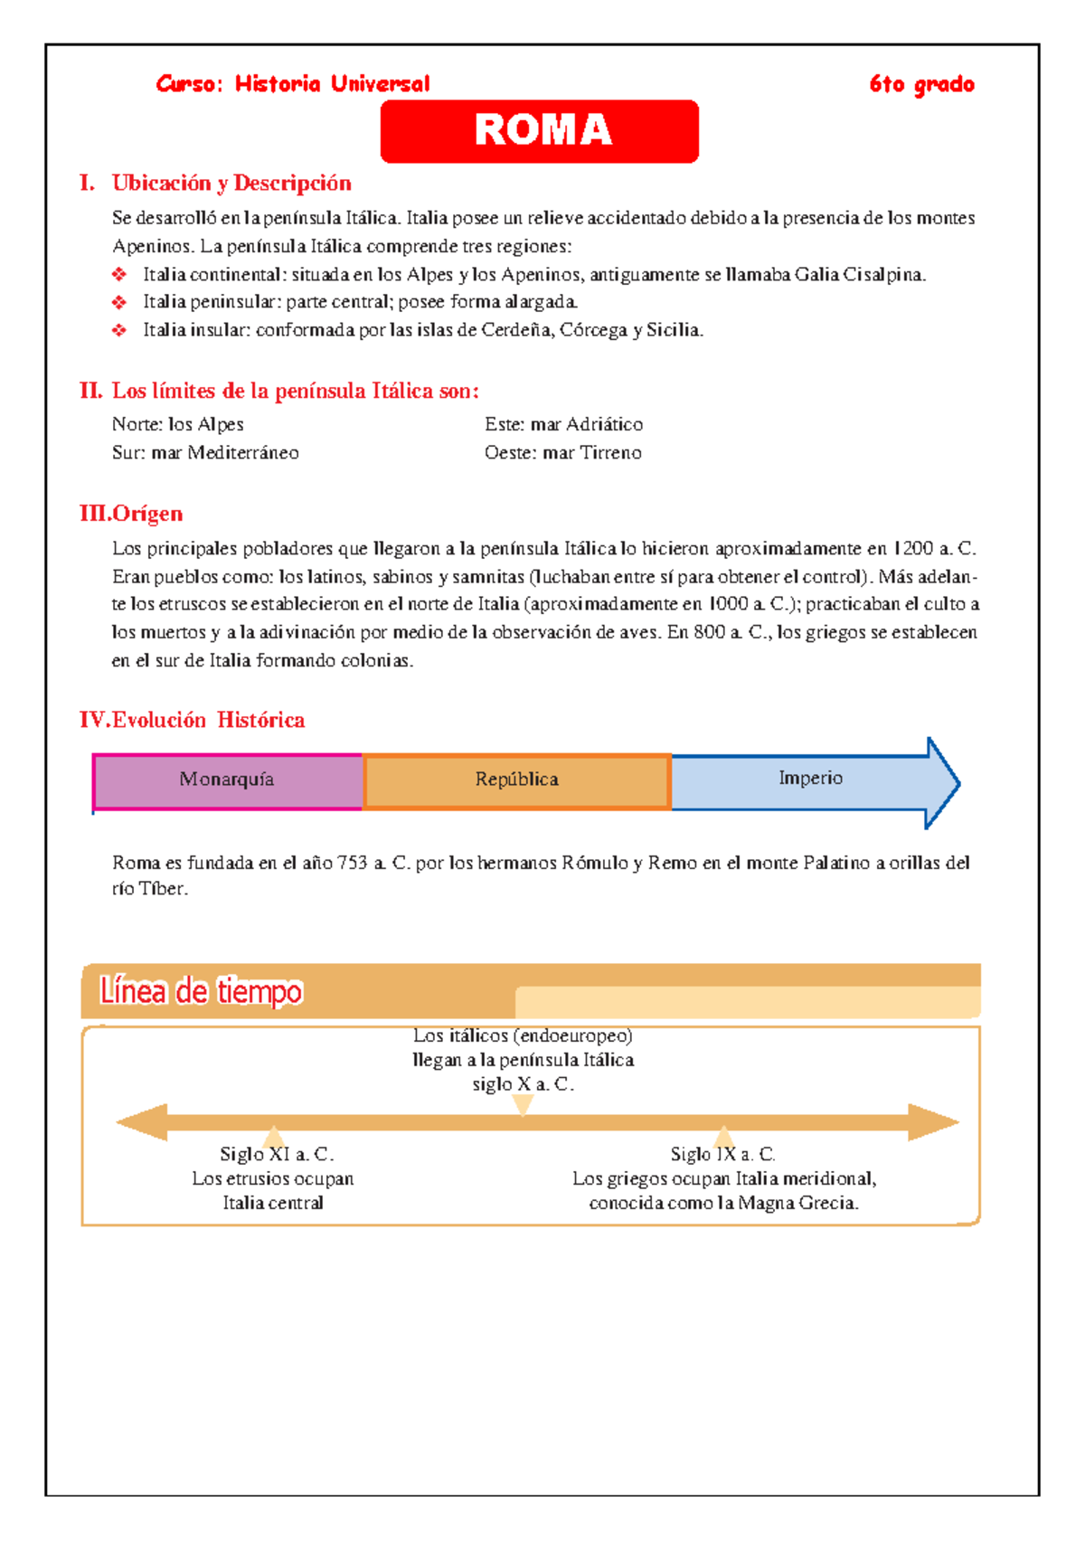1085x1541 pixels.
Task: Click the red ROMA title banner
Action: (x=540, y=131)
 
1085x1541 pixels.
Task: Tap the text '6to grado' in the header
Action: (x=921, y=85)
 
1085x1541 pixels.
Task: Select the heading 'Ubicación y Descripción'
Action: (x=231, y=184)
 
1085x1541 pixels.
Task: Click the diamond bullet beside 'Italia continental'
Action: (x=119, y=274)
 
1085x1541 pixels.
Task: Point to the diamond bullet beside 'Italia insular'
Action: (x=119, y=330)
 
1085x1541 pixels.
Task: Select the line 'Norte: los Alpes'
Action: (x=178, y=424)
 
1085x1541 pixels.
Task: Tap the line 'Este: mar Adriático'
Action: (x=563, y=424)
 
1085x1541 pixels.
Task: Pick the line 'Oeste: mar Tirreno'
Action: (x=562, y=452)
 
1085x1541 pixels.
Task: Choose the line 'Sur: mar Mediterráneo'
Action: (x=205, y=452)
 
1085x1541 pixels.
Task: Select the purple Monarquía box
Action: (x=227, y=780)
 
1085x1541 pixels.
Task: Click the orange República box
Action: (x=516, y=780)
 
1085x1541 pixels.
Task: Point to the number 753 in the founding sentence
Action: (x=352, y=863)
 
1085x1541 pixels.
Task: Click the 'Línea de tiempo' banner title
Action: (x=201, y=991)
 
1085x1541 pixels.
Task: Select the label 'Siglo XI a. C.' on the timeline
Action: (x=277, y=1155)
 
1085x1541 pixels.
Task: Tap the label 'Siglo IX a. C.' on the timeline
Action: (x=722, y=1155)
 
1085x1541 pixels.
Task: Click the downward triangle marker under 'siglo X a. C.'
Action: (x=523, y=1104)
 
